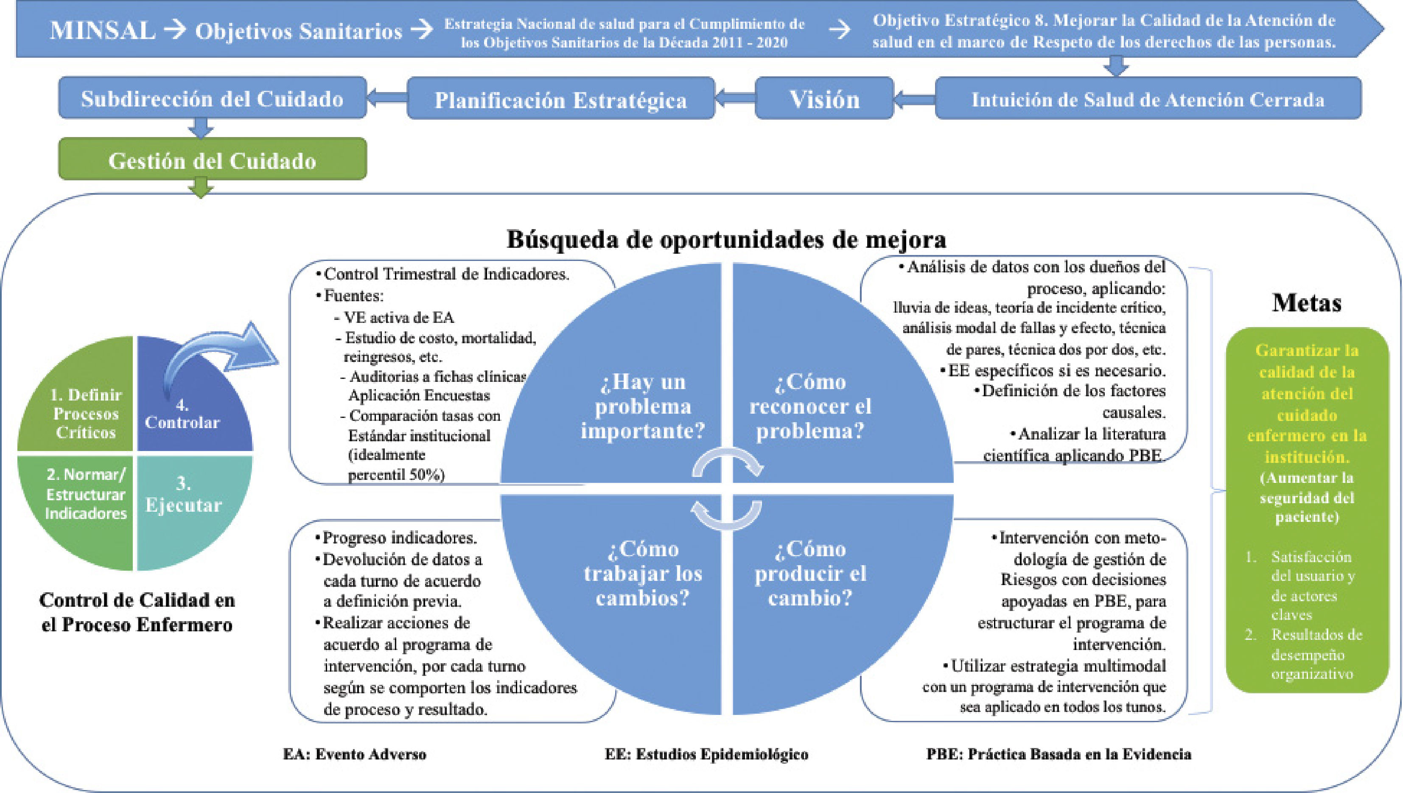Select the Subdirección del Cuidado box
213,98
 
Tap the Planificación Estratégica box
560,100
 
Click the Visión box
824,99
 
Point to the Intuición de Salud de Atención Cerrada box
1148,99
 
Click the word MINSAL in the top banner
102,30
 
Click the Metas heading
1306,303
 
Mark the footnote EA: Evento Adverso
355,754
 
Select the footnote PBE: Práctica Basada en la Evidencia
1058,754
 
